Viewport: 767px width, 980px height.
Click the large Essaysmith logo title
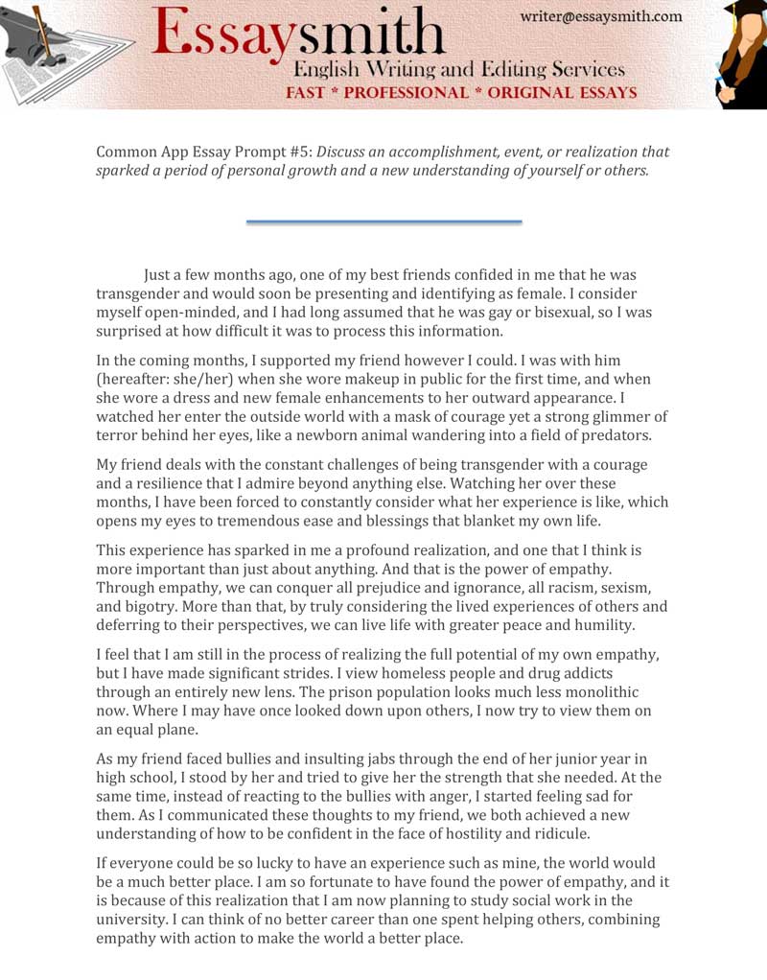297,35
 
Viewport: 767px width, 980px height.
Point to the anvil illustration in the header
38,43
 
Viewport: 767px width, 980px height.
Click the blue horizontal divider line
383,222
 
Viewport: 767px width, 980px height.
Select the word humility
598,625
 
